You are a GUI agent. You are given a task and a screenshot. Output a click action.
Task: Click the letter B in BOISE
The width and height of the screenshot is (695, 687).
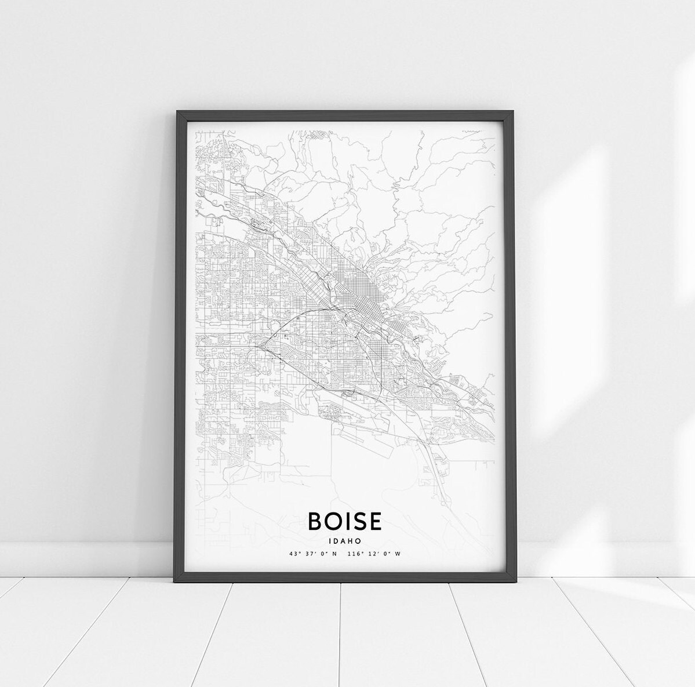[x=316, y=520]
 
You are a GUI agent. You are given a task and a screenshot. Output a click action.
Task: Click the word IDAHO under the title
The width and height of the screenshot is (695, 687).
[x=345, y=540]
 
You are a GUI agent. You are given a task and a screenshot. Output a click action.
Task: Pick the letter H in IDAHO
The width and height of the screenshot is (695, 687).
[x=351, y=540]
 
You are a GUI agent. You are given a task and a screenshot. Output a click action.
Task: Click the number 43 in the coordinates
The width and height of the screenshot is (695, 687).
[x=293, y=554]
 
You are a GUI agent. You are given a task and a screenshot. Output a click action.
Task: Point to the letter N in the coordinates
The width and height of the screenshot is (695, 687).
[x=334, y=554]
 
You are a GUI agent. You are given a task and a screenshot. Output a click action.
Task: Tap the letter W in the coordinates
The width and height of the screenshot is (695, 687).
[x=398, y=554]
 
